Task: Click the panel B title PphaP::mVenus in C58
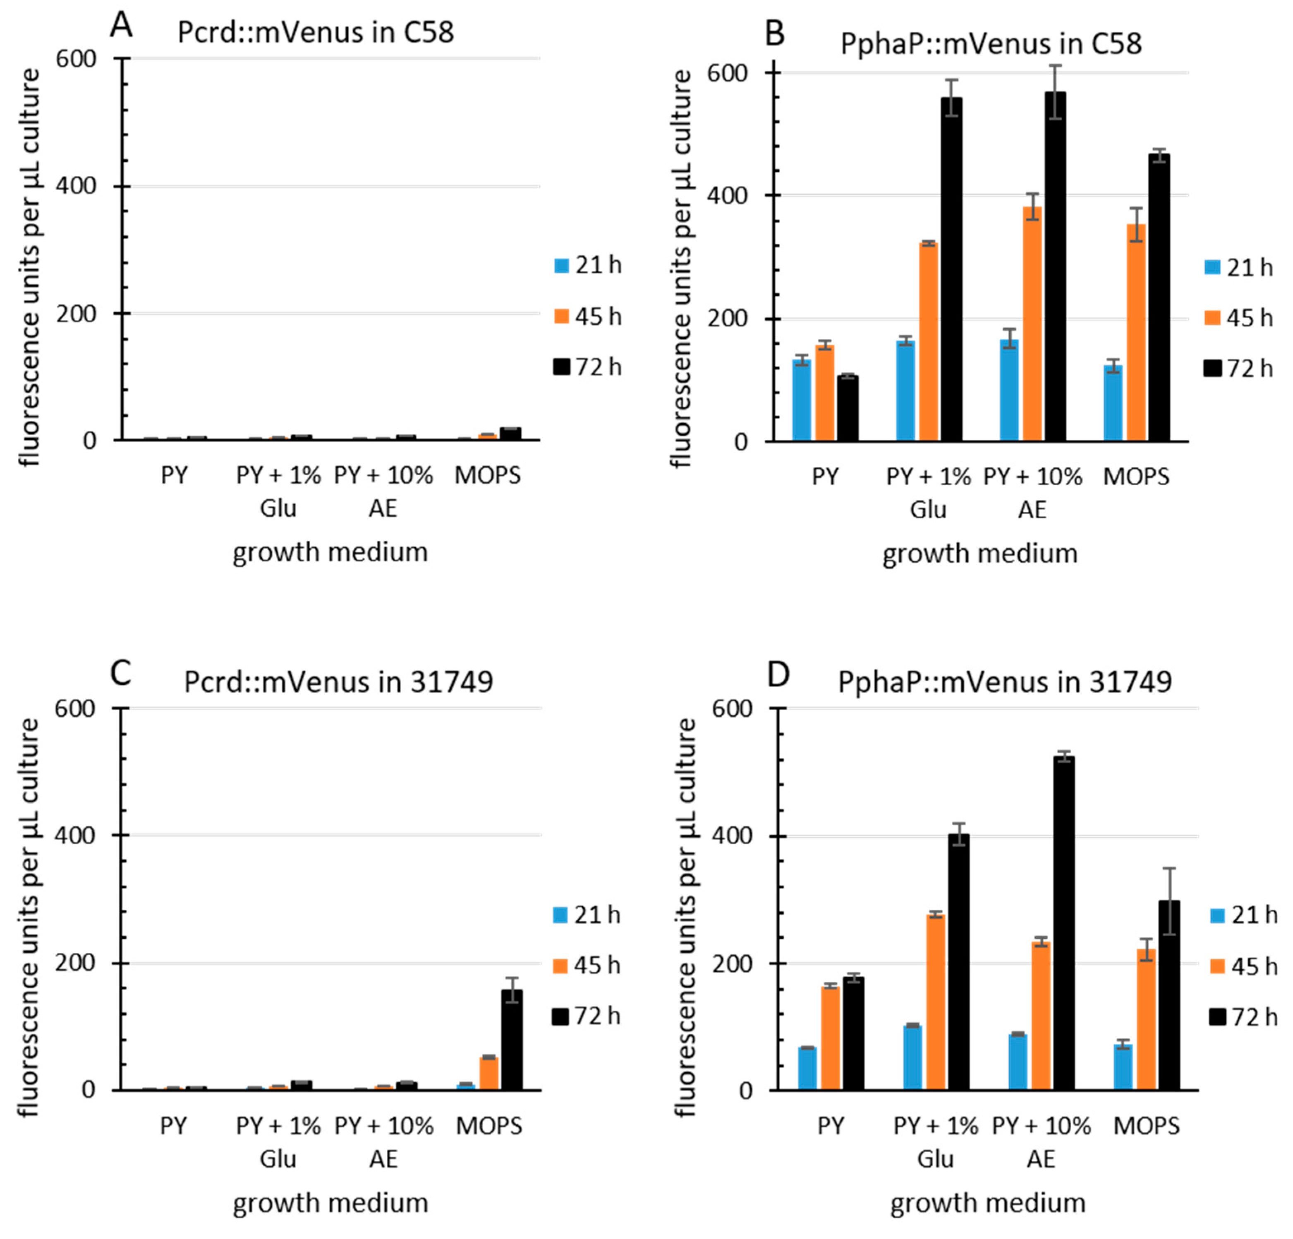tap(991, 43)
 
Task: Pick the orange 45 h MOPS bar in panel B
tap(1136, 333)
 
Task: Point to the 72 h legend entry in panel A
tap(587, 367)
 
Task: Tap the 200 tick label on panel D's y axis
tap(732, 964)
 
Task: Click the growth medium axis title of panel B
tap(979, 553)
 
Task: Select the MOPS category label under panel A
tap(488, 475)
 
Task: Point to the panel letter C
tap(121, 673)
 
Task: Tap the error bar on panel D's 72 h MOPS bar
tap(1169, 901)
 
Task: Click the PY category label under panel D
tap(831, 1126)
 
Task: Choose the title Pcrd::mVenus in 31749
tap(338, 681)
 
